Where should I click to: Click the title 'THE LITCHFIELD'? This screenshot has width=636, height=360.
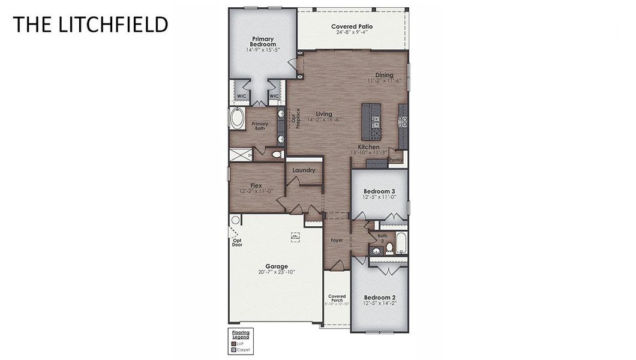pyautogui.click(x=90, y=25)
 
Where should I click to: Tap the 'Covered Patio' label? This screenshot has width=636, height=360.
pyautogui.click(x=352, y=26)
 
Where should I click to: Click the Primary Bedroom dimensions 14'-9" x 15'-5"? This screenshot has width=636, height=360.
pyautogui.click(x=263, y=50)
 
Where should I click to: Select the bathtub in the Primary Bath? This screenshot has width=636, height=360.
pyautogui.click(x=236, y=118)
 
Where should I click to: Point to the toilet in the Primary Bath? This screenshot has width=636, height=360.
pyautogui.click(x=277, y=154)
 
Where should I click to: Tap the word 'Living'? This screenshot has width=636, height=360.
pyautogui.click(x=324, y=113)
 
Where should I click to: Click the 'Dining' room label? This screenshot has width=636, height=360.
pyautogui.click(x=384, y=75)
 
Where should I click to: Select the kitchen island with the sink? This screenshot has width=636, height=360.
pyautogui.click(x=371, y=121)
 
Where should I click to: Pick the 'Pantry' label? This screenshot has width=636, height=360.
pyautogui.click(x=395, y=160)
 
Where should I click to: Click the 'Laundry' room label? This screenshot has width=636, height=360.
pyautogui.click(x=304, y=170)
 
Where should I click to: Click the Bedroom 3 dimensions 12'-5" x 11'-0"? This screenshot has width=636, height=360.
pyautogui.click(x=379, y=197)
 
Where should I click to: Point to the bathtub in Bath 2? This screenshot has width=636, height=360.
pyautogui.click(x=401, y=242)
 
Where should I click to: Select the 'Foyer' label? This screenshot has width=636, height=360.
pyautogui.click(x=337, y=240)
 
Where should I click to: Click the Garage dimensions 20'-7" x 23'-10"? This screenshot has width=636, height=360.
pyautogui.click(x=277, y=272)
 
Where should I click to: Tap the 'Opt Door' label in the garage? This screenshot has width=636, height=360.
pyautogui.click(x=237, y=242)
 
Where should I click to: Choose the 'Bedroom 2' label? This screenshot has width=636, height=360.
pyautogui.click(x=379, y=297)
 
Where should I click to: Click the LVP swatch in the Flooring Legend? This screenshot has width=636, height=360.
pyautogui.click(x=233, y=343)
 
